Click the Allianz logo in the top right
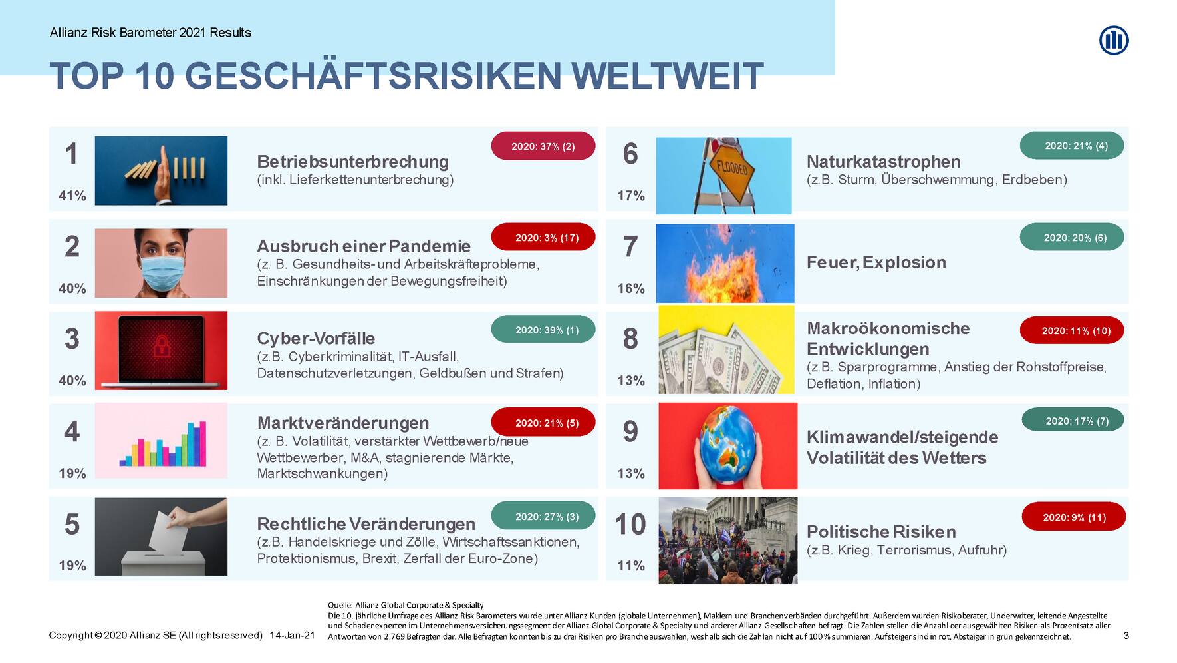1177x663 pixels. [x=1114, y=40]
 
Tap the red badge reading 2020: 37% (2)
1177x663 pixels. [x=543, y=146]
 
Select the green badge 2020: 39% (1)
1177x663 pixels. [x=543, y=330]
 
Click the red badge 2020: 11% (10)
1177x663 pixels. [x=1072, y=331]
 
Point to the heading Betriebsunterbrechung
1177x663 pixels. [x=352, y=162]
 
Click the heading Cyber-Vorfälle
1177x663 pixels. [x=316, y=338]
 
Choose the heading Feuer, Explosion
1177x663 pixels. [x=876, y=262]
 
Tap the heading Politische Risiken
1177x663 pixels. [x=881, y=532]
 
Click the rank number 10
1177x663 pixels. [x=630, y=525]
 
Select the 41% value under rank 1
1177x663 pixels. [x=72, y=196]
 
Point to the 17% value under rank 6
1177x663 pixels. [x=630, y=196]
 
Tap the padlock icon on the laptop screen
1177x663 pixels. [x=161, y=346]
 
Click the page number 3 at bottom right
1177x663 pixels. [x=1126, y=636]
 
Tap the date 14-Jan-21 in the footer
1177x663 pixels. [x=292, y=636]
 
